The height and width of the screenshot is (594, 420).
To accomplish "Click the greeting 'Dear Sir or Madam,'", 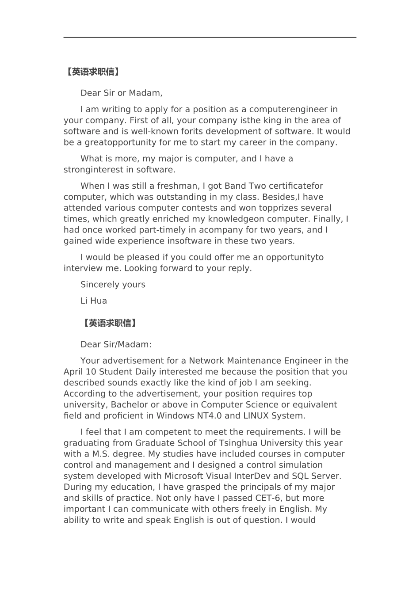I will [121, 93].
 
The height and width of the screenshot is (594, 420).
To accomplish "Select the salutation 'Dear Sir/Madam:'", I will [116, 345].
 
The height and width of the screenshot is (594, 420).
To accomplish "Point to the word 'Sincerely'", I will [98, 285].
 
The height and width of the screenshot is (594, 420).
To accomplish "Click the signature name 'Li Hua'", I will [94, 301].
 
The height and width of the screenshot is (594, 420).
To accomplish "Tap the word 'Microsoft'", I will [184, 476].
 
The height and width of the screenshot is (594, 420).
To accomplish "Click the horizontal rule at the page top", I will [210, 38].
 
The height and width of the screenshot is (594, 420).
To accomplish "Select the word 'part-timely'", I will [162, 230].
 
